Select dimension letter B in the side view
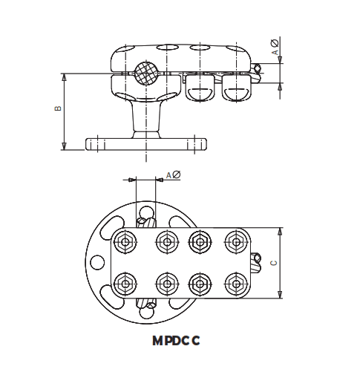57,110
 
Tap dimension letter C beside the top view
274,263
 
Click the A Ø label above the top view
173,174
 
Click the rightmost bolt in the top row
235,241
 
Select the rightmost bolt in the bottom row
235,283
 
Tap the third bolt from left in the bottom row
199,283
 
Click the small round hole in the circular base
96,263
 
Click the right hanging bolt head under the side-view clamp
235,90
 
